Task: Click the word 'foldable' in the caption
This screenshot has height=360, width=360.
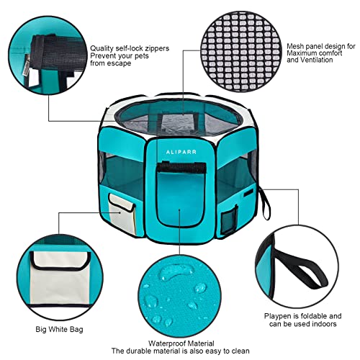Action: coord(325,316)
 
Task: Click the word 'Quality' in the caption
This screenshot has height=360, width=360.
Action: coord(103,49)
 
